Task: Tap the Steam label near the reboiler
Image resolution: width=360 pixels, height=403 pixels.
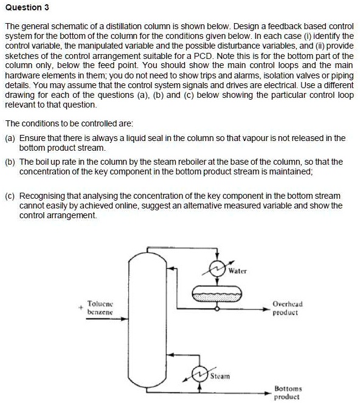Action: (x=220, y=376)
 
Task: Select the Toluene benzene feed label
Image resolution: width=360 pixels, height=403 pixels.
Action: (x=100, y=306)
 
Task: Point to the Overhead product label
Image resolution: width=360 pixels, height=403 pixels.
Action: (x=288, y=307)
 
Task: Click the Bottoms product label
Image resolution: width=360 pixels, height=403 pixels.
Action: (x=288, y=391)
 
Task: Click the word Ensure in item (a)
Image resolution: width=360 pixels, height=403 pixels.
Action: (x=32, y=139)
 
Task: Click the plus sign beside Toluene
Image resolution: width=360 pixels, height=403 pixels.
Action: (x=80, y=306)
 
